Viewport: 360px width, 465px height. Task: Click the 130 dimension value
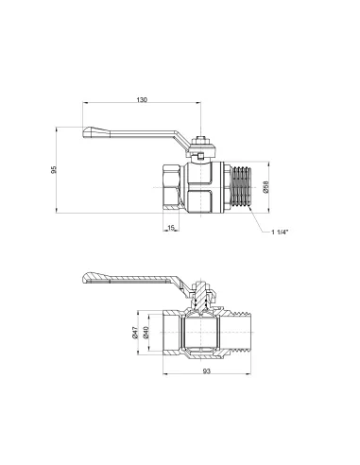142,98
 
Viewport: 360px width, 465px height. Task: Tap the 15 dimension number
170,228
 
